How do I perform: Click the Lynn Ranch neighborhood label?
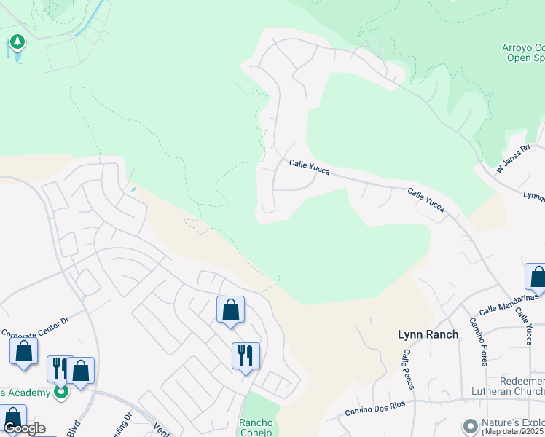pos(428,334)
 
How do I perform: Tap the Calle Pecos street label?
pos(407,369)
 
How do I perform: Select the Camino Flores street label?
pos(481,342)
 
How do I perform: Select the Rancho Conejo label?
pos(256,428)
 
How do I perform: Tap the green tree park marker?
pos(17,42)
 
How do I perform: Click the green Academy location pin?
pos(60,393)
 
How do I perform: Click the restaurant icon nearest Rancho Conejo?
pos(245,355)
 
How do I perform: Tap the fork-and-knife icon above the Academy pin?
pos(59,368)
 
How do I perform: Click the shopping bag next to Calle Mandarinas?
pos(537,277)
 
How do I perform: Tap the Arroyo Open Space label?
pos(523,54)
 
